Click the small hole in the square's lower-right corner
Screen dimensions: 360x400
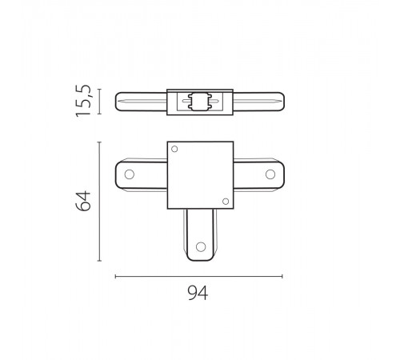click(224, 199)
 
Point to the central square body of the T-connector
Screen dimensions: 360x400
click(199, 175)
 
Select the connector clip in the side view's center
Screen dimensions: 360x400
click(199, 103)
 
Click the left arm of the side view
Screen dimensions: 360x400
click(142, 103)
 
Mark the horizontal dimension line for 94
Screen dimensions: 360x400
click(199, 276)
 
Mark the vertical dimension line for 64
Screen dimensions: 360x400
click(99, 202)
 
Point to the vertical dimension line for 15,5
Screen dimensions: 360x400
click(100, 103)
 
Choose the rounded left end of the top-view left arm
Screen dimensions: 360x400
click(118, 174)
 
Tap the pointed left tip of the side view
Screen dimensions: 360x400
click(118, 103)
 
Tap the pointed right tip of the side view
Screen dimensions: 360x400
click(282, 103)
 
